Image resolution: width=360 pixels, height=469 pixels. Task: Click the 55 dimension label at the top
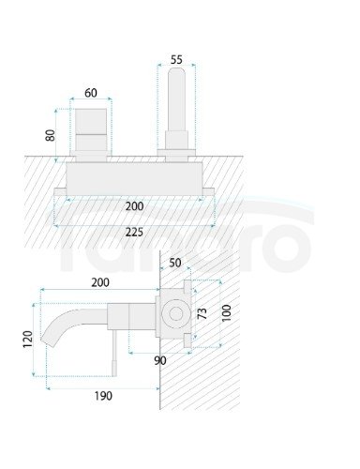176,58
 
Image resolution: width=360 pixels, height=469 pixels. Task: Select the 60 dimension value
90,93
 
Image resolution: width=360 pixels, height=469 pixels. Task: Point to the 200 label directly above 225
135,205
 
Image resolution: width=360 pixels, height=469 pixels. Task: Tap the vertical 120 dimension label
27,337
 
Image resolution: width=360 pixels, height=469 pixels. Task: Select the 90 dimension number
161,360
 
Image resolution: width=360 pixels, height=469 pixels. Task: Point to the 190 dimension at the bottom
101,395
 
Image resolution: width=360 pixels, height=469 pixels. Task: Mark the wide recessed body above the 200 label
135,178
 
